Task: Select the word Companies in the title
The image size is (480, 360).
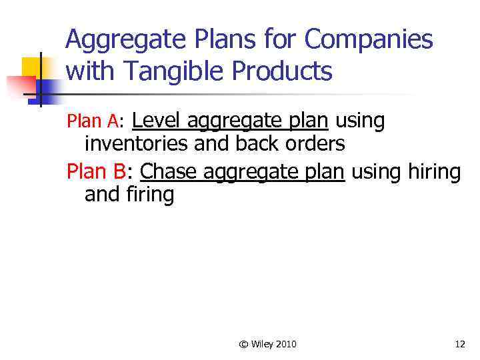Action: click(369, 41)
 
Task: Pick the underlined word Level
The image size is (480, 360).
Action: click(157, 121)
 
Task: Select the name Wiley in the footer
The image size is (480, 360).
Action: click(262, 344)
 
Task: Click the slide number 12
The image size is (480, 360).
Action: click(459, 344)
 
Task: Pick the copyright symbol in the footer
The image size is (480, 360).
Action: click(243, 344)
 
